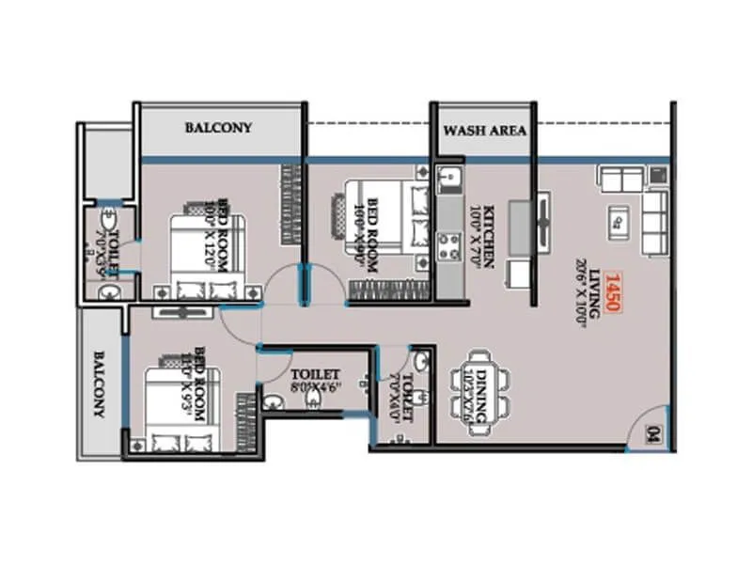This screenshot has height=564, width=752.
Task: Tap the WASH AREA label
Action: [x=484, y=131]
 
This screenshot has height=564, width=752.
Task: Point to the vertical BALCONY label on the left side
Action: [x=98, y=384]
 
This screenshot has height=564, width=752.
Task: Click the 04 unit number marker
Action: [x=653, y=434]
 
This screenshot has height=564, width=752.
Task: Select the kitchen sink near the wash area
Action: [x=447, y=178]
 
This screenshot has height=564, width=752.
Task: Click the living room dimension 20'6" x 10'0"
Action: [x=581, y=291]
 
